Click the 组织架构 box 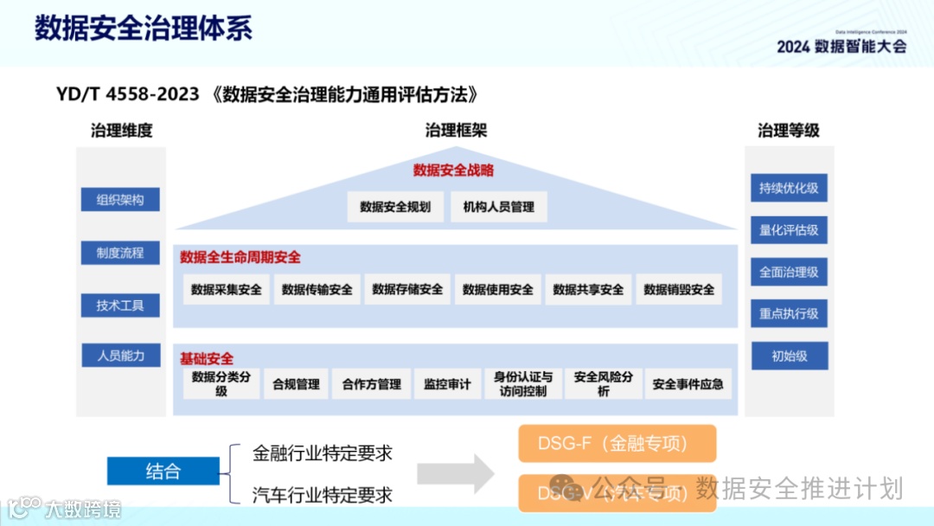pos(120,200)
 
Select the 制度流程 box pos(120,253)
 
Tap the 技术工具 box pos(120,305)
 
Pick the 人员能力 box pos(120,355)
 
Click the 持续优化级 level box pos(789,188)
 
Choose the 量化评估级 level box pos(789,230)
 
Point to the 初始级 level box pos(789,356)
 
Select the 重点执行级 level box pos(789,313)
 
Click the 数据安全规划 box pos(395,207)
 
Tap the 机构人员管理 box pos(499,207)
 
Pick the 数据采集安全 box pos(227,289)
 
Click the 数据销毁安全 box pos(679,289)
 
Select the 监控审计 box pos(448,383)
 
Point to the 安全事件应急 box pos(688,383)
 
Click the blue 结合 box pos(163,471)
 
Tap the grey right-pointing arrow pos(455,472)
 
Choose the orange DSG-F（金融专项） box pos(617,444)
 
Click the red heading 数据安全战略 pos(453,170)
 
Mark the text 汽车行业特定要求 pos(323,495)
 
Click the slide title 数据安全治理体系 pos(144,28)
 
